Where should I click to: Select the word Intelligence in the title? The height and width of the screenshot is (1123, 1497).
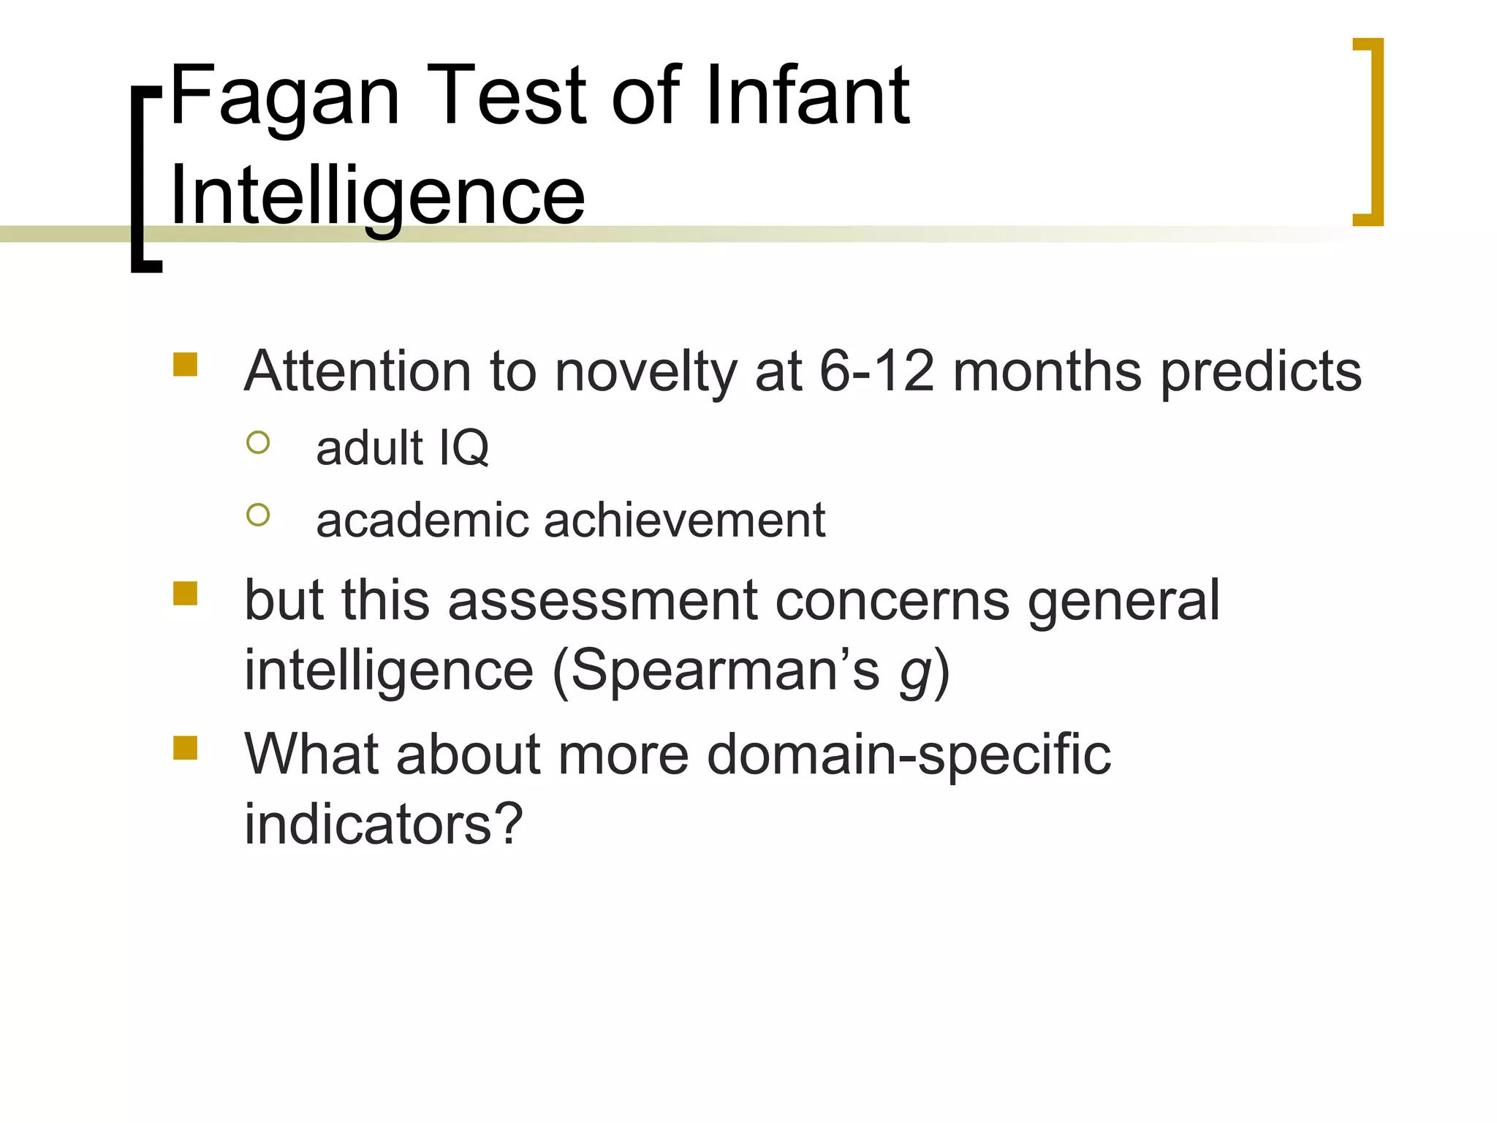pos(377,196)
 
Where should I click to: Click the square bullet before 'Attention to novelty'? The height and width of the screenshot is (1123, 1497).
pos(186,365)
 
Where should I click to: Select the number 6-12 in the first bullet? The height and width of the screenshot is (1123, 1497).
pos(876,371)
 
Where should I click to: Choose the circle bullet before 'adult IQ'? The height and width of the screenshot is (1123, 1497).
pos(258,442)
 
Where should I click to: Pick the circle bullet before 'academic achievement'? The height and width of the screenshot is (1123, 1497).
pos(258,515)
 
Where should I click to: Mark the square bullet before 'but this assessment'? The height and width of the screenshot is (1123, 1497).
pos(186,594)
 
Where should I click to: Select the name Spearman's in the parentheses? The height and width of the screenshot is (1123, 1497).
pos(724,670)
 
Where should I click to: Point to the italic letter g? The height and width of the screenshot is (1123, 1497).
pos(916,673)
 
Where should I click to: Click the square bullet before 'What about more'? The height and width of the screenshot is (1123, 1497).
pos(186,748)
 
